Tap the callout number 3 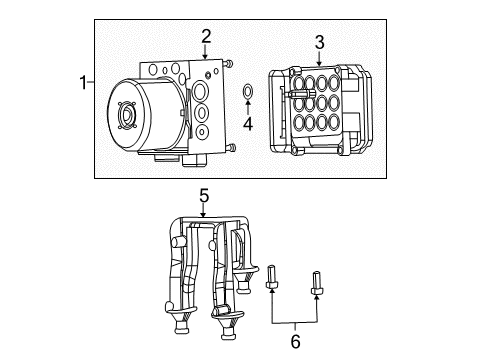click(x=319, y=42)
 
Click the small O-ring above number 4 click(x=247, y=95)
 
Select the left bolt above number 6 click(x=272, y=274)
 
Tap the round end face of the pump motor click(x=127, y=115)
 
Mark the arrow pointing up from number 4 click(x=248, y=111)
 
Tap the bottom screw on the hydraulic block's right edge click(x=232, y=149)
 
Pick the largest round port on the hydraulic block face click(x=201, y=93)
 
